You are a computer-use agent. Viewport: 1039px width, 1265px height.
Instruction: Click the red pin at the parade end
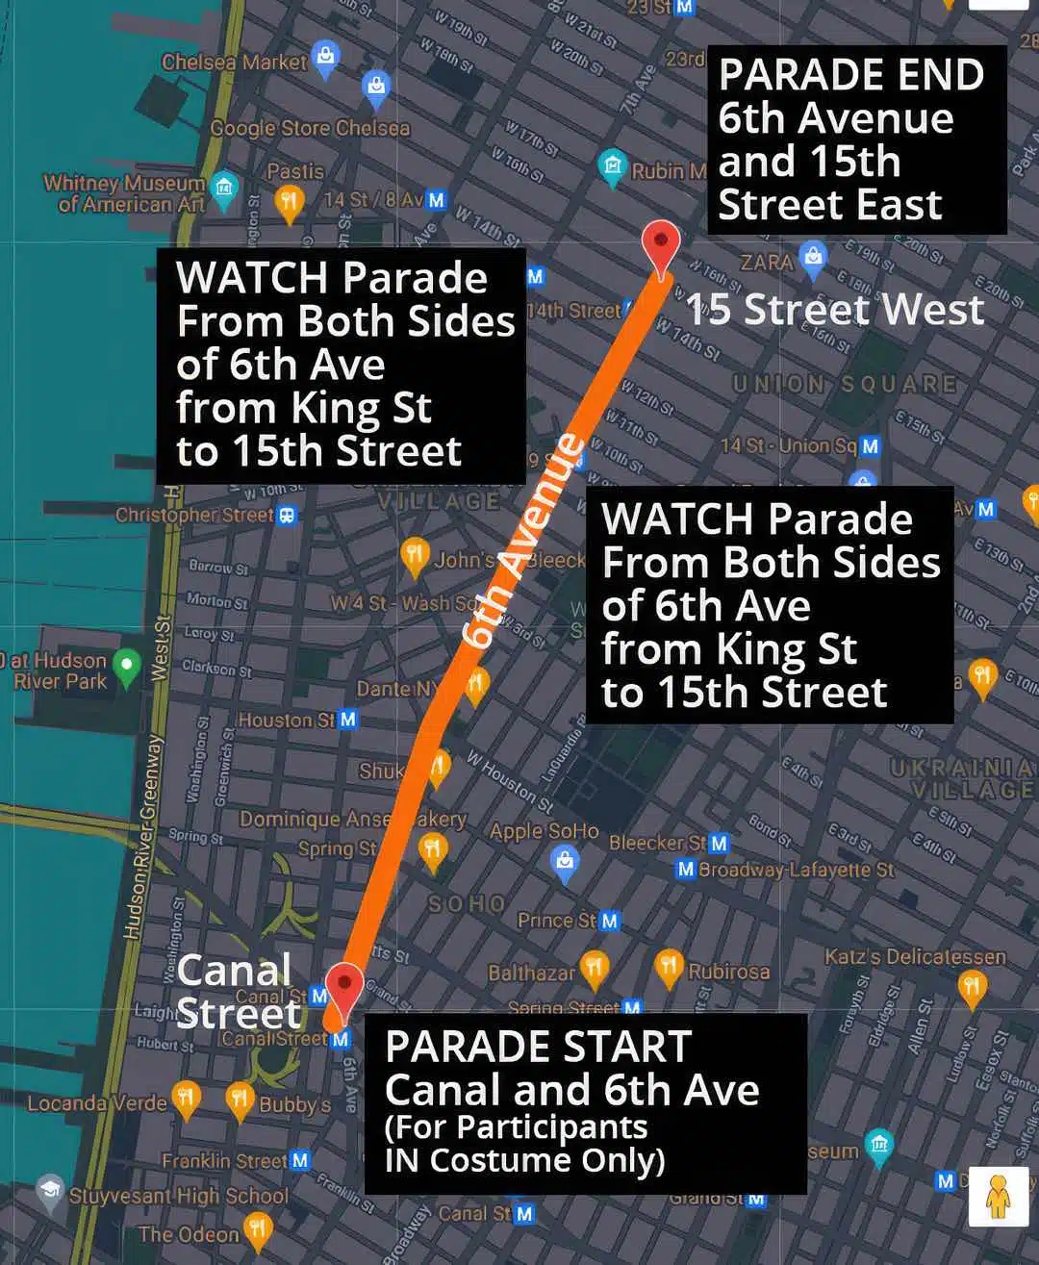click(x=661, y=242)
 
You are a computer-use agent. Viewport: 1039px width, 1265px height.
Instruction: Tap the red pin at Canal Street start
click(x=343, y=987)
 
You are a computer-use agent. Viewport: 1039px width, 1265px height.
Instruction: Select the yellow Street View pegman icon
click(x=998, y=1196)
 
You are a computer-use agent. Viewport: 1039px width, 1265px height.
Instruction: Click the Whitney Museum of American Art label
click(x=124, y=193)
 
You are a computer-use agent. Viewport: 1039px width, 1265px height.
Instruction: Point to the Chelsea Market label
click(x=234, y=63)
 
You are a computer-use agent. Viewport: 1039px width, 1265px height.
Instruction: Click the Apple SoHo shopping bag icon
click(x=565, y=861)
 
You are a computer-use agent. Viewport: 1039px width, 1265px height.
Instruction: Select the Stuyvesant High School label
click(x=178, y=1196)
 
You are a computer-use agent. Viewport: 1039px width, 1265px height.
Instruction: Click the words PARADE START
click(x=538, y=1047)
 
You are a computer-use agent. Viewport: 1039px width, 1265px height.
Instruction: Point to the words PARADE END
click(x=850, y=75)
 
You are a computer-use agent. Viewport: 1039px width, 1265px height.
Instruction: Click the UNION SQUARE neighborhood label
click(x=845, y=384)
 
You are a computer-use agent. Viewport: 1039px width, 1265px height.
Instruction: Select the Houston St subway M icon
click(x=348, y=720)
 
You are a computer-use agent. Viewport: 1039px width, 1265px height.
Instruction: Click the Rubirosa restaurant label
click(x=728, y=972)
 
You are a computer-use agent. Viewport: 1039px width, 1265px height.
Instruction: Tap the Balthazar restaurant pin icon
click(x=595, y=968)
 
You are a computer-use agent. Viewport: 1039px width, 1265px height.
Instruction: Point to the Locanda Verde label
click(x=96, y=1103)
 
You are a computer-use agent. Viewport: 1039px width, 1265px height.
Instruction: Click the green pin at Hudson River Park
click(x=126, y=665)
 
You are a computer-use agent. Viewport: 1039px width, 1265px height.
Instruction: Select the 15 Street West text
click(x=835, y=310)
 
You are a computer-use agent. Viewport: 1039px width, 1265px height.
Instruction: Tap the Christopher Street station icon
click(x=287, y=516)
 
